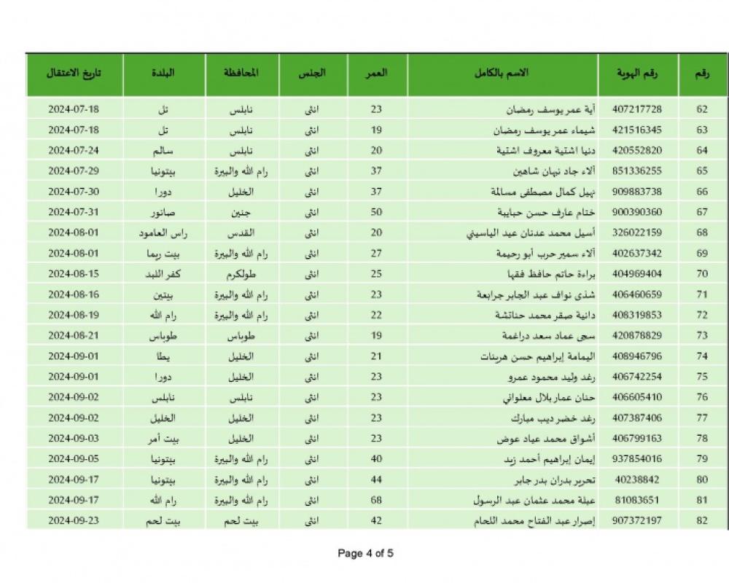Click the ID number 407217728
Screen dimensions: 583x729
coord(638,109)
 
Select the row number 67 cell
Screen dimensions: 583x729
coord(702,213)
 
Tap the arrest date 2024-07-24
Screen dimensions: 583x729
coord(73,151)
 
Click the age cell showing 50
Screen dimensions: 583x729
coord(376,213)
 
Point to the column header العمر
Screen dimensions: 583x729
coord(376,73)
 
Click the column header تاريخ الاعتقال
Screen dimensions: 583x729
coord(73,73)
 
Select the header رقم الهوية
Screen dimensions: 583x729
coord(638,73)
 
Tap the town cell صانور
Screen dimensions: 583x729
coord(163,213)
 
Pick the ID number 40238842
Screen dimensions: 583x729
coord(638,480)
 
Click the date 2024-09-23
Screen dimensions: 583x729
coord(73,522)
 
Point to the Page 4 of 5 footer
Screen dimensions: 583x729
coord(365,553)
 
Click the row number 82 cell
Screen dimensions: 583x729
coord(702,522)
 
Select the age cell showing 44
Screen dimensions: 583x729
coord(376,480)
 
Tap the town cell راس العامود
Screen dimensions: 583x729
coord(163,233)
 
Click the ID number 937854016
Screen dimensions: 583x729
coord(638,460)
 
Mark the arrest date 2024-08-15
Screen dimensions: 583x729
coord(73,275)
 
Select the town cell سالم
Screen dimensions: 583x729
coord(163,151)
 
